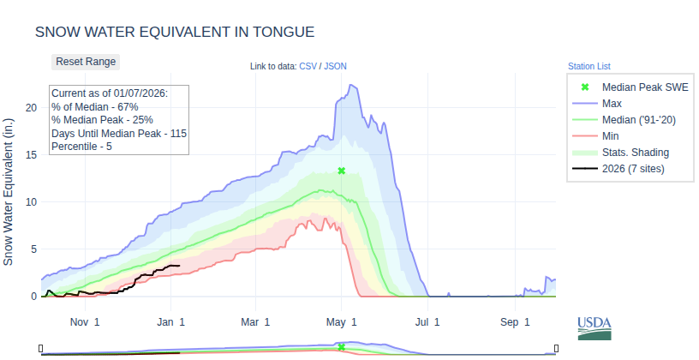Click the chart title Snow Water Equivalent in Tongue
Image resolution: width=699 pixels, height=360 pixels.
[x=175, y=32]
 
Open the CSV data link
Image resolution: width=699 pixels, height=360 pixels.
[x=308, y=66]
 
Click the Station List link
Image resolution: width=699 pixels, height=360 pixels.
[x=588, y=66]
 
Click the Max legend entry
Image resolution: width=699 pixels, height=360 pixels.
[x=612, y=104]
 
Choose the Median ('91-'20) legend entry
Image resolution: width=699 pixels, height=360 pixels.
[x=639, y=120]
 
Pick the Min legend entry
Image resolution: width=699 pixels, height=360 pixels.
[x=611, y=136]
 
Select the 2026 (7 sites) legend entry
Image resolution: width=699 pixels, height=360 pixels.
[x=633, y=169]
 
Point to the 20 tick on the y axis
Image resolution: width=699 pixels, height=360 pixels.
[x=31, y=107]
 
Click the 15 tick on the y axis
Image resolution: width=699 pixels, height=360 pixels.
[x=31, y=154]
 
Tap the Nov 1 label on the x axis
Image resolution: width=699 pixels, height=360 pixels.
[x=85, y=322]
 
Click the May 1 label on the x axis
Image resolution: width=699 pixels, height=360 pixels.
[x=342, y=322]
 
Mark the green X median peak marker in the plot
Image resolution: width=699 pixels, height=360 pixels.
[x=341, y=171]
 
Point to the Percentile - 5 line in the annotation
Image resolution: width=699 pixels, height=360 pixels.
[x=81, y=147]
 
